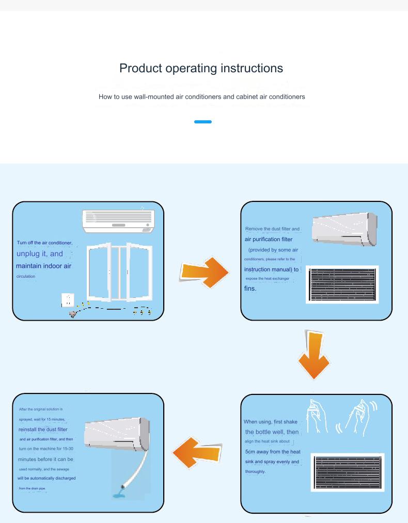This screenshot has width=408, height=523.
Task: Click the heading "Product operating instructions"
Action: pos(201,68)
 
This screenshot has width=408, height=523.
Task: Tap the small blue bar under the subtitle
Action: pos(203,122)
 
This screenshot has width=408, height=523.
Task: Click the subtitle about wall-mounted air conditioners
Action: pos(202,97)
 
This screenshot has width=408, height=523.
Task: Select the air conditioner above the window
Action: pos(119,220)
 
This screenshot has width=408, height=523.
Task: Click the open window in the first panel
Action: pos(120,272)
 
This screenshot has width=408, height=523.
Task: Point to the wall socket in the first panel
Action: pos(68,300)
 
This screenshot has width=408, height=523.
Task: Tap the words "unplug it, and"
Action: pos(40,253)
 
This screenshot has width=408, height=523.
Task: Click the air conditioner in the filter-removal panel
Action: pos(344,229)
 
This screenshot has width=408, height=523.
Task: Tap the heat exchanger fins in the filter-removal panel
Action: pos(342,284)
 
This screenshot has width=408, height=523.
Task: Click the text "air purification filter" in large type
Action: pos(269,239)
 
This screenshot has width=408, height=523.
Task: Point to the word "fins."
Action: pos(250,289)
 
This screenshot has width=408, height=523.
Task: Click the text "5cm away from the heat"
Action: pos(273,452)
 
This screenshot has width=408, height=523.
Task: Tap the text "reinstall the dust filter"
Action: pos(43,429)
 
